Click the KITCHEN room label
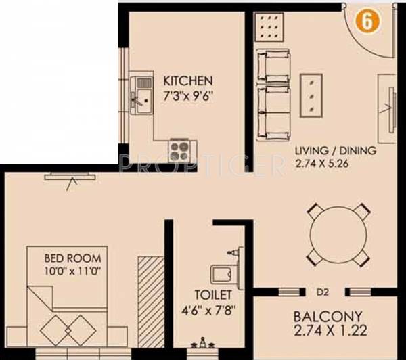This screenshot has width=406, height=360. (x=187, y=80)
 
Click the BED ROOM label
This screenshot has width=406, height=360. (x=72, y=258)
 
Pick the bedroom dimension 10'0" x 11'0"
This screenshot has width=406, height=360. (x=72, y=271)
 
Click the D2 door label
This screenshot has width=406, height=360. (x=321, y=292)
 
